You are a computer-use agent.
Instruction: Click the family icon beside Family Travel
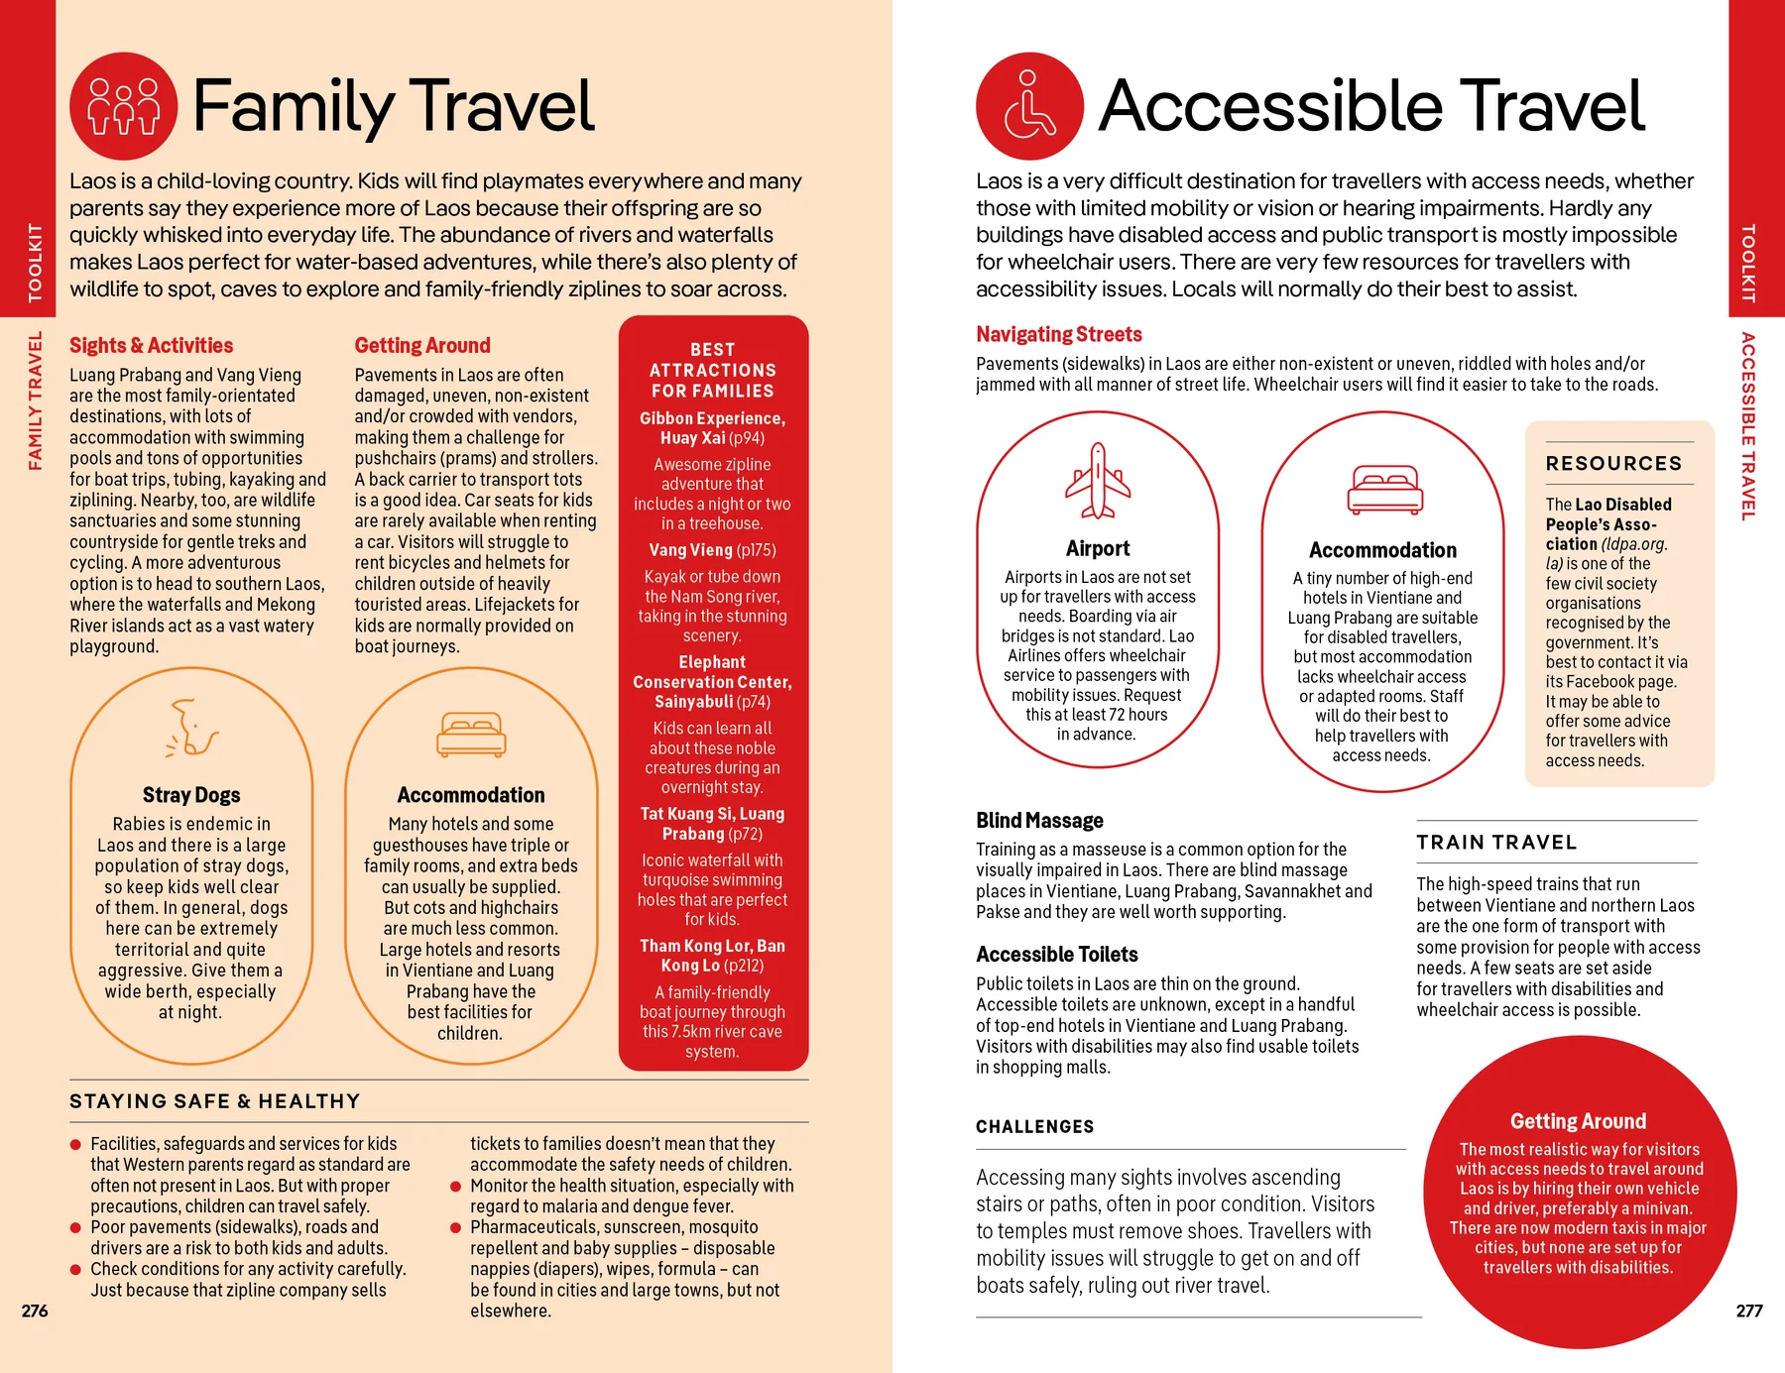pos(124,106)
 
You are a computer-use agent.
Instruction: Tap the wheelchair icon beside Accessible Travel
pos(1029,106)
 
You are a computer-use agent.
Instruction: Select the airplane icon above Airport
pos(1098,481)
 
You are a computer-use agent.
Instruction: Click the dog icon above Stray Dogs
pos(191,729)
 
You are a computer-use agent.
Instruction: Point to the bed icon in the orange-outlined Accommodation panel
pos(471,735)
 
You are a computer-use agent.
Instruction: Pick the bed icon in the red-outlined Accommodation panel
pos(1384,489)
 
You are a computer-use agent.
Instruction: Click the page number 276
pos(35,1311)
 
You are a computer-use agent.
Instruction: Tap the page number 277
pos(1749,1311)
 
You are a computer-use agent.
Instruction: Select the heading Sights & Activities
pos(151,345)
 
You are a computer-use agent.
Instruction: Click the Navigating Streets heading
pos(1058,334)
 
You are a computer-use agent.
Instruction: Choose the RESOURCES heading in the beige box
pos(1613,463)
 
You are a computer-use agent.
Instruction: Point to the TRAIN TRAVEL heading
pos(1495,843)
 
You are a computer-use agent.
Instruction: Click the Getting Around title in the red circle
pos(1578,1121)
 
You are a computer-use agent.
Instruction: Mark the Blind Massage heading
pos(1039,820)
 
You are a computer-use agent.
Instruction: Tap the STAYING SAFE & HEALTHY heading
pos(214,1101)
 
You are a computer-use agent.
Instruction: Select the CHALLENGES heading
pos(1034,1127)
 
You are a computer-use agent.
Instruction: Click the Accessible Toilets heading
pos(1056,955)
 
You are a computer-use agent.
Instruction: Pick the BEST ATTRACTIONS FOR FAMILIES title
pos(712,370)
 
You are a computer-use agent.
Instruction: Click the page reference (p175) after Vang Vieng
pos(756,550)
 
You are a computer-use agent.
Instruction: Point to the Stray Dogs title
pos(191,795)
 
